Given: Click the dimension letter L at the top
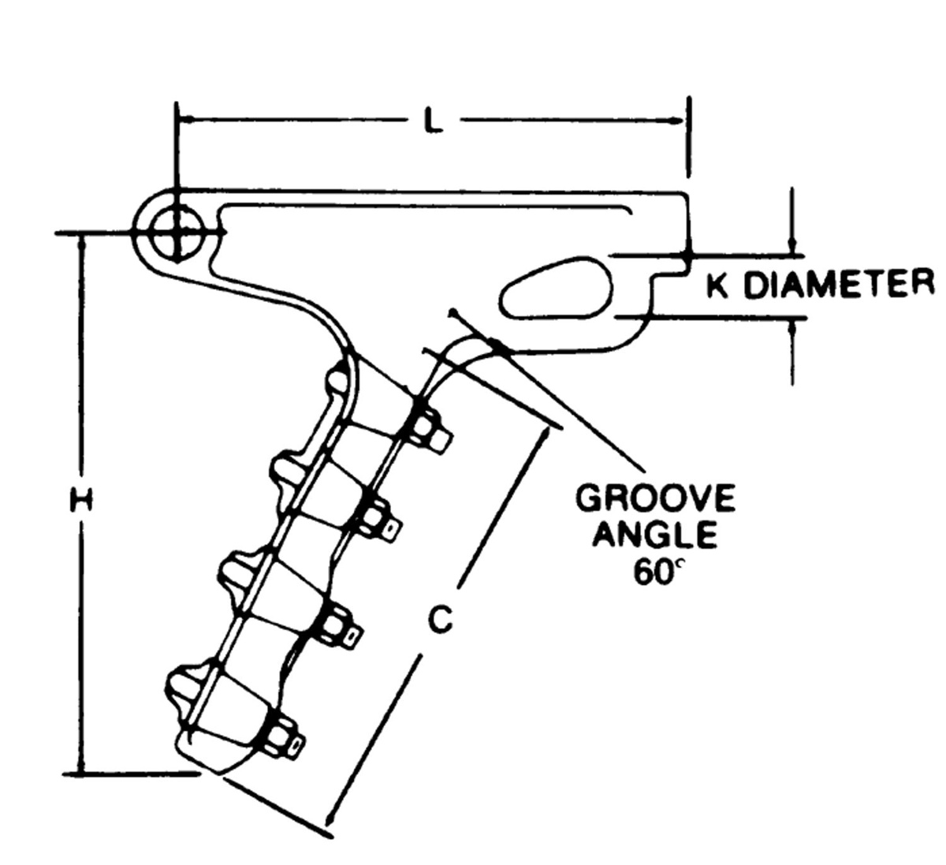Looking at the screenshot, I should point(430,121).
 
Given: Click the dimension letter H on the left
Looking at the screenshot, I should point(80,500).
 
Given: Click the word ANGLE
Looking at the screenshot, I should point(656,535).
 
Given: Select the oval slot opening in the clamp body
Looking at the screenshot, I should point(557,286).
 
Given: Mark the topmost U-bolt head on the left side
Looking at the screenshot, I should point(338,380).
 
